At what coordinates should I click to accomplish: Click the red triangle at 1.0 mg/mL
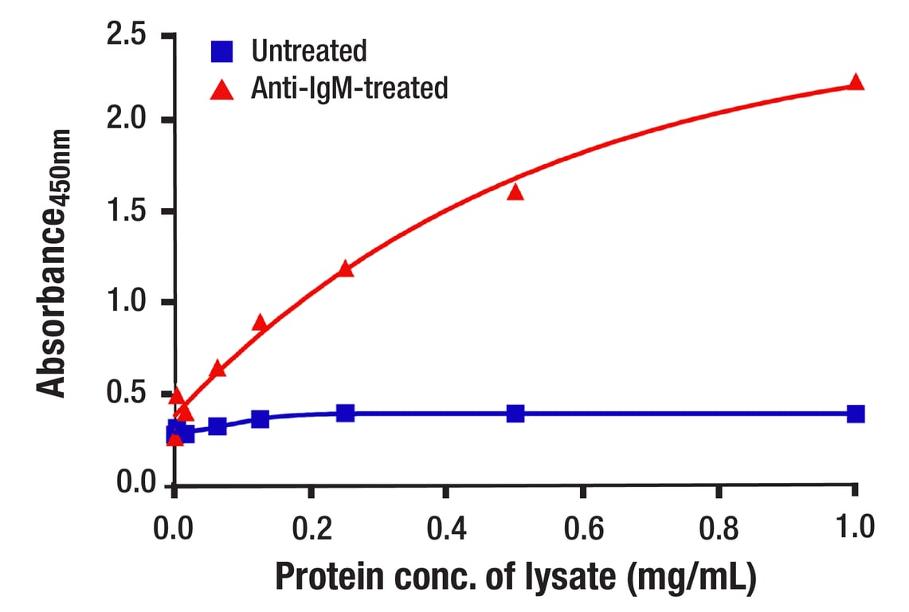click(x=856, y=82)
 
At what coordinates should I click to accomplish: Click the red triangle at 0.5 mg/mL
click(x=515, y=191)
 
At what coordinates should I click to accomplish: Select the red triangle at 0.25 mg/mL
click(x=345, y=269)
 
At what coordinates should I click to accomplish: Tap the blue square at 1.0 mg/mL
click(x=856, y=414)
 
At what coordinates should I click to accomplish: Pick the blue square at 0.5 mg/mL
click(x=515, y=414)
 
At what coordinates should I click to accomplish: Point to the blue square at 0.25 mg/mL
click(x=345, y=413)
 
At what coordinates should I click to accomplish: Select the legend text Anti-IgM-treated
click(x=349, y=88)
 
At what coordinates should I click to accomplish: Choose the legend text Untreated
click(x=308, y=52)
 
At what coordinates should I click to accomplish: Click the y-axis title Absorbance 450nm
click(x=53, y=263)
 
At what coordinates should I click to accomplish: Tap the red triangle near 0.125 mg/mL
click(x=260, y=323)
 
